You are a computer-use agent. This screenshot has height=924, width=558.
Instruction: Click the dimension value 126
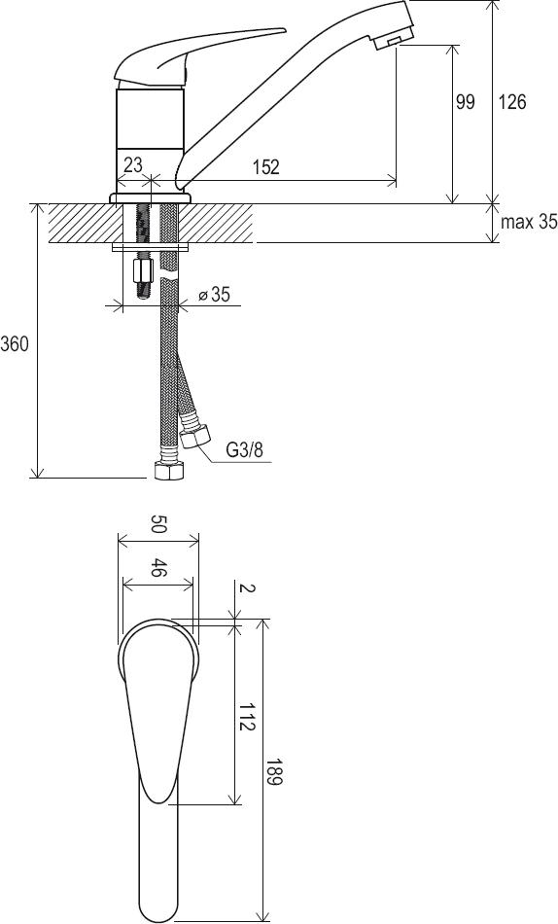tap(512, 102)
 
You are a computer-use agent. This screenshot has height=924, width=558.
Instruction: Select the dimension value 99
tap(465, 102)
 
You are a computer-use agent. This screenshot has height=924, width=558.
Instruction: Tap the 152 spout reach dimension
tap(265, 167)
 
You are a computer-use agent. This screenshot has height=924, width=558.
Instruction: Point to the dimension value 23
tap(133, 163)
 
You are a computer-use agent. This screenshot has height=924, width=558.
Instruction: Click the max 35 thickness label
tap(529, 222)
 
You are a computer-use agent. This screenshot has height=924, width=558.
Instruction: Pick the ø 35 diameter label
tap(214, 294)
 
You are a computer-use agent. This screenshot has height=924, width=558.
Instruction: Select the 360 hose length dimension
tap(15, 343)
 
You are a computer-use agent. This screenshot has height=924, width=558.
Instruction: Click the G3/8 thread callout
tap(245, 450)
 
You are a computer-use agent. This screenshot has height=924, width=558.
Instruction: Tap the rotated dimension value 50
tap(157, 524)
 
